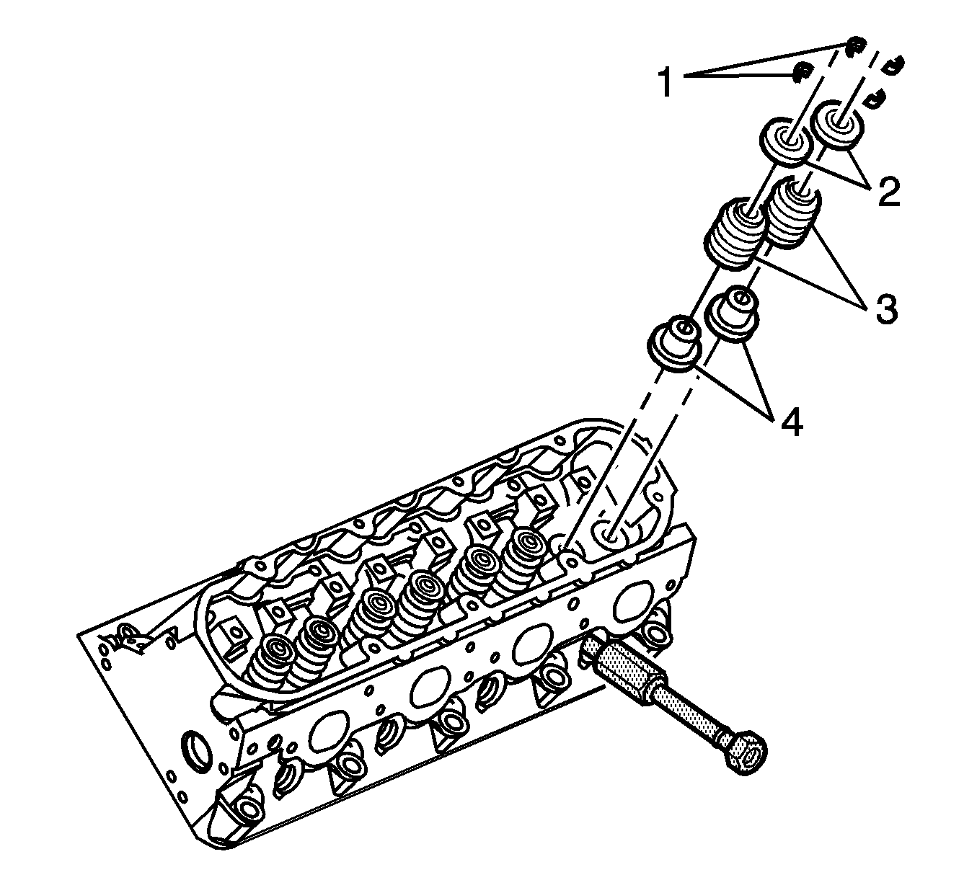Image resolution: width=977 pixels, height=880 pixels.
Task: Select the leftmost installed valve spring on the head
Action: (270, 659)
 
